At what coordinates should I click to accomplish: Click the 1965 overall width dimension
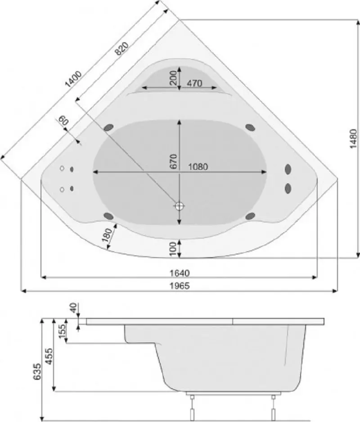(x=180, y=286)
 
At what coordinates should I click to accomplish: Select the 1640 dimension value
(x=180, y=272)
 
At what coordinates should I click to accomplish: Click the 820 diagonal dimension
(x=121, y=48)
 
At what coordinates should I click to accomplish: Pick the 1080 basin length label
(x=198, y=166)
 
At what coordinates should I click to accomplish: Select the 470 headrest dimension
(x=194, y=83)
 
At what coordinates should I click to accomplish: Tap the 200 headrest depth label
(x=172, y=79)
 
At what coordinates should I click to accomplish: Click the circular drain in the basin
(x=180, y=206)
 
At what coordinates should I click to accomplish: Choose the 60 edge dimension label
(x=63, y=122)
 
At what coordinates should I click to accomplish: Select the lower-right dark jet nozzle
(x=251, y=216)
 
